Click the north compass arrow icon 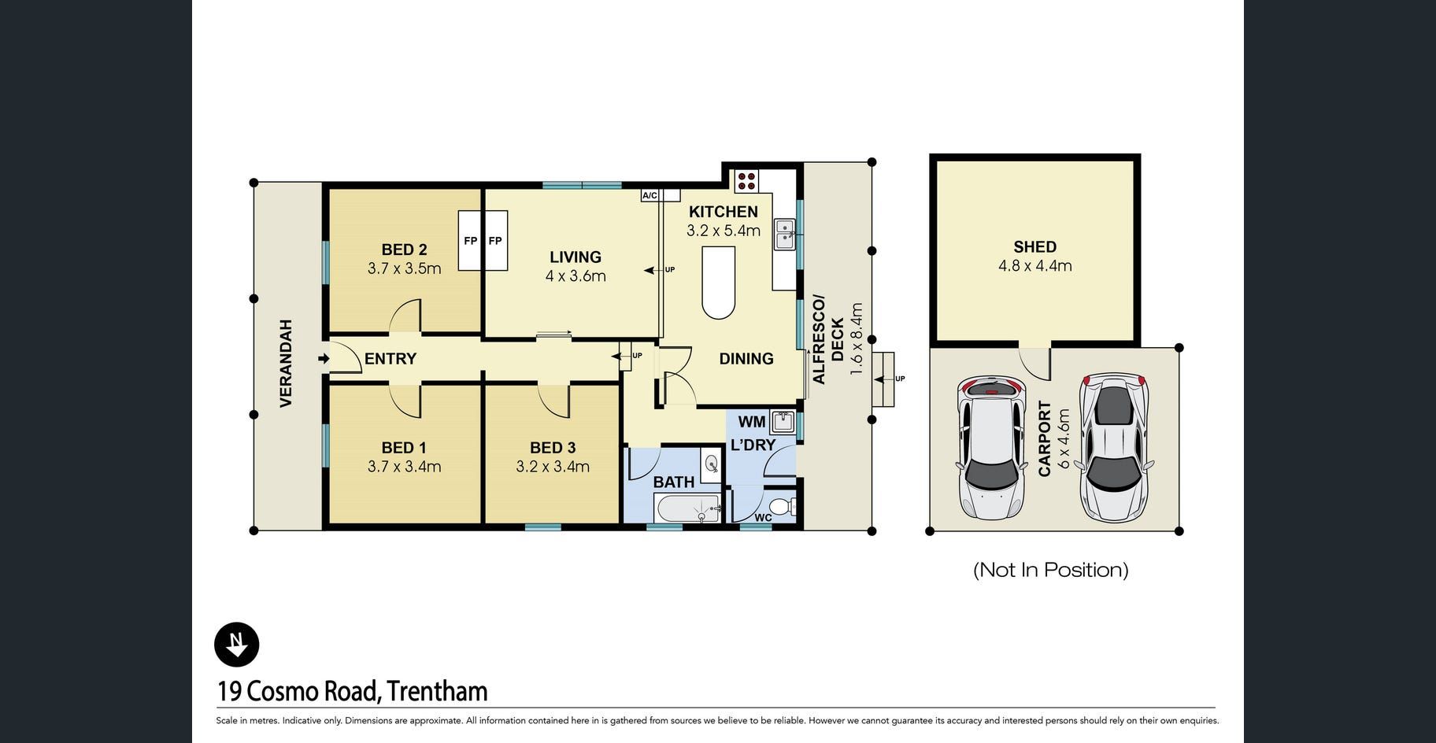tap(236, 645)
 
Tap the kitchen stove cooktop tap(746, 181)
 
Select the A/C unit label tap(650, 195)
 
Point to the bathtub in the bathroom tap(687, 508)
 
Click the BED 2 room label tap(404, 250)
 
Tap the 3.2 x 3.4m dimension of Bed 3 tap(553, 467)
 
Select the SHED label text tap(1034, 247)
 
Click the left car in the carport tap(991, 448)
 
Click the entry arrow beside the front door tap(324, 359)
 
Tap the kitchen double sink tap(785, 235)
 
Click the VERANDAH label tap(286, 364)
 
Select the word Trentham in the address tap(438, 691)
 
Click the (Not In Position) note tap(1051, 570)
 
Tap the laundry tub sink tap(783, 423)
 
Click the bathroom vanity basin tap(711, 464)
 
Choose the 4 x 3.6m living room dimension tap(576, 276)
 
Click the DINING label tap(746, 359)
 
